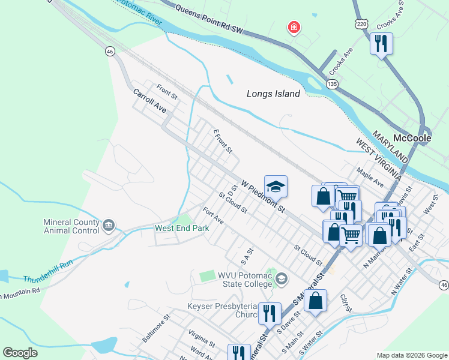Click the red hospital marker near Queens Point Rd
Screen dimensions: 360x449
[x=294, y=27]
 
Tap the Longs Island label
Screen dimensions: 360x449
[x=273, y=94]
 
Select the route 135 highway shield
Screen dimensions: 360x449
[x=332, y=85]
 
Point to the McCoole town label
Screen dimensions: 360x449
[x=411, y=137]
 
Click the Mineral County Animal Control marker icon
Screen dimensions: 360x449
[x=109, y=226]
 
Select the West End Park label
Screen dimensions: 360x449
[x=182, y=228]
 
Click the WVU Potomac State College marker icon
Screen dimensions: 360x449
[x=283, y=278]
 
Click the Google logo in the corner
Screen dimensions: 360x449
[x=20, y=352]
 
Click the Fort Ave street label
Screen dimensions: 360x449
[x=213, y=215]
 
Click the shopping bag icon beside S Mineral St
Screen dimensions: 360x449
[x=316, y=301]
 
